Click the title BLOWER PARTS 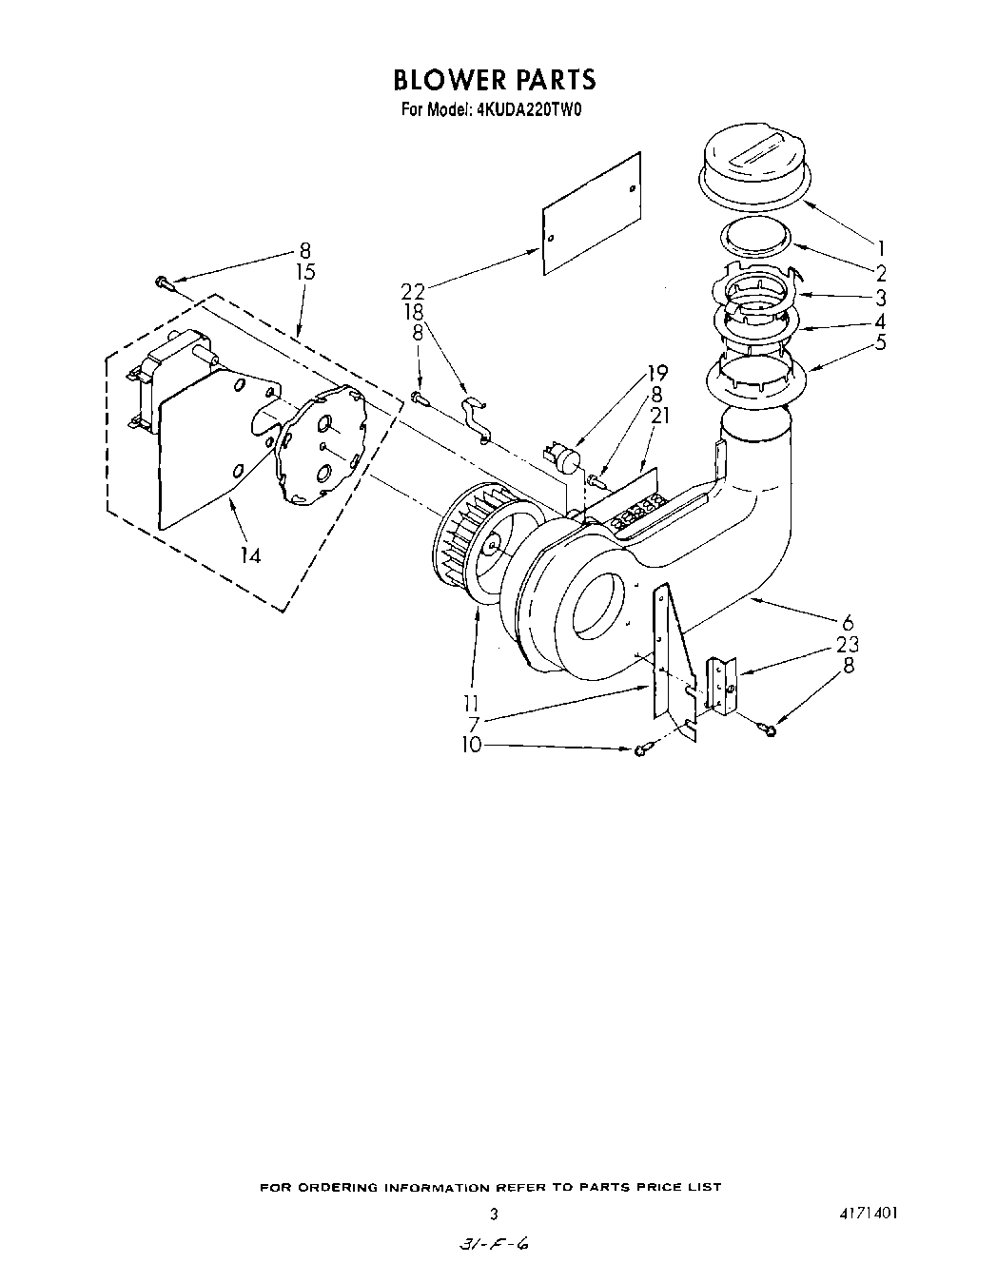point(494,79)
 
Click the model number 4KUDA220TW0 point(525,109)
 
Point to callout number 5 point(880,342)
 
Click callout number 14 point(250,555)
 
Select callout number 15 point(304,272)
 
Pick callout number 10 point(473,746)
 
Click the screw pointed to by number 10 point(640,750)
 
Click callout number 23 point(848,645)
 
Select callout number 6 point(848,625)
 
